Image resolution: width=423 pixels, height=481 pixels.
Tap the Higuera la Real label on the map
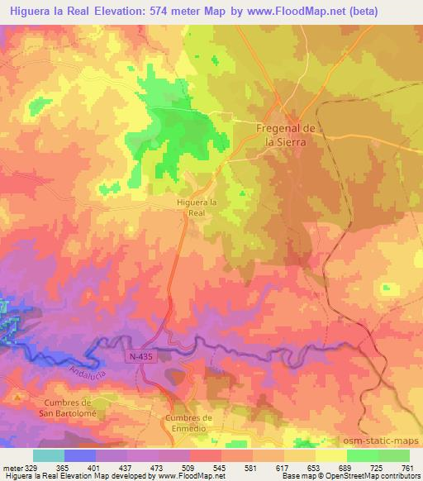(x=197, y=206)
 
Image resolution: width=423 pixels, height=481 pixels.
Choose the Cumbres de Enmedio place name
(x=189, y=422)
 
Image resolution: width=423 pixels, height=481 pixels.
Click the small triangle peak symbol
(x=16, y=397)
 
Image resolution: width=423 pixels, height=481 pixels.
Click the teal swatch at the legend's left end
(x=49, y=455)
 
